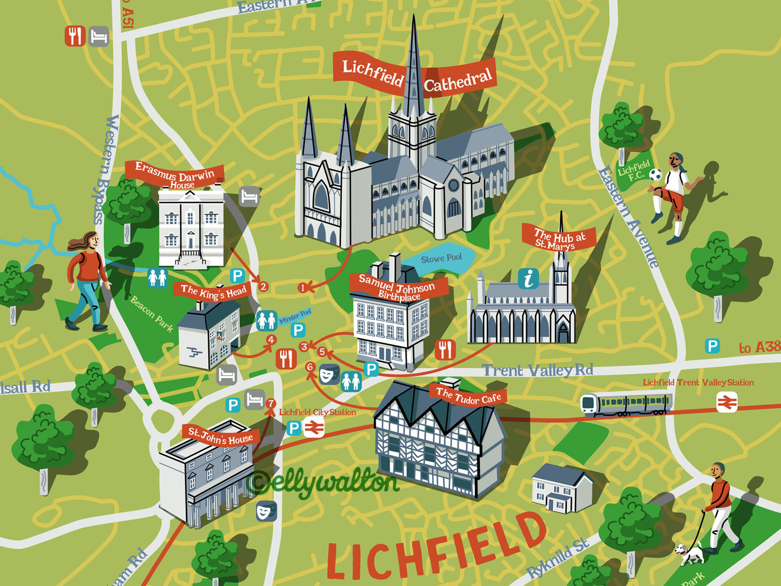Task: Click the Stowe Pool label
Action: click(441, 258)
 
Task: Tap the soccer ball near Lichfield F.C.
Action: click(655, 175)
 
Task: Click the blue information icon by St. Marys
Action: click(528, 279)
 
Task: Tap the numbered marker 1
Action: click(303, 288)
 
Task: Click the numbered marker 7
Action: click(271, 403)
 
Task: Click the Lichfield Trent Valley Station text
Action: click(698, 382)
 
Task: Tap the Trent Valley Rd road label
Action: click(537, 371)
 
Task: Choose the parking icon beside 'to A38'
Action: click(712, 346)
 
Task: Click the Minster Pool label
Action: click(295, 316)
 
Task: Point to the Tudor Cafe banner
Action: click(468, 396)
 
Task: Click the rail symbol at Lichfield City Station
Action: click(313, 428)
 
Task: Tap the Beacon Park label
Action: click(151, 314)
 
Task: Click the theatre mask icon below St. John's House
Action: click(266, 511)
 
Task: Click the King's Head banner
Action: click(213, 292)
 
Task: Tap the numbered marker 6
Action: click(310, 367)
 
